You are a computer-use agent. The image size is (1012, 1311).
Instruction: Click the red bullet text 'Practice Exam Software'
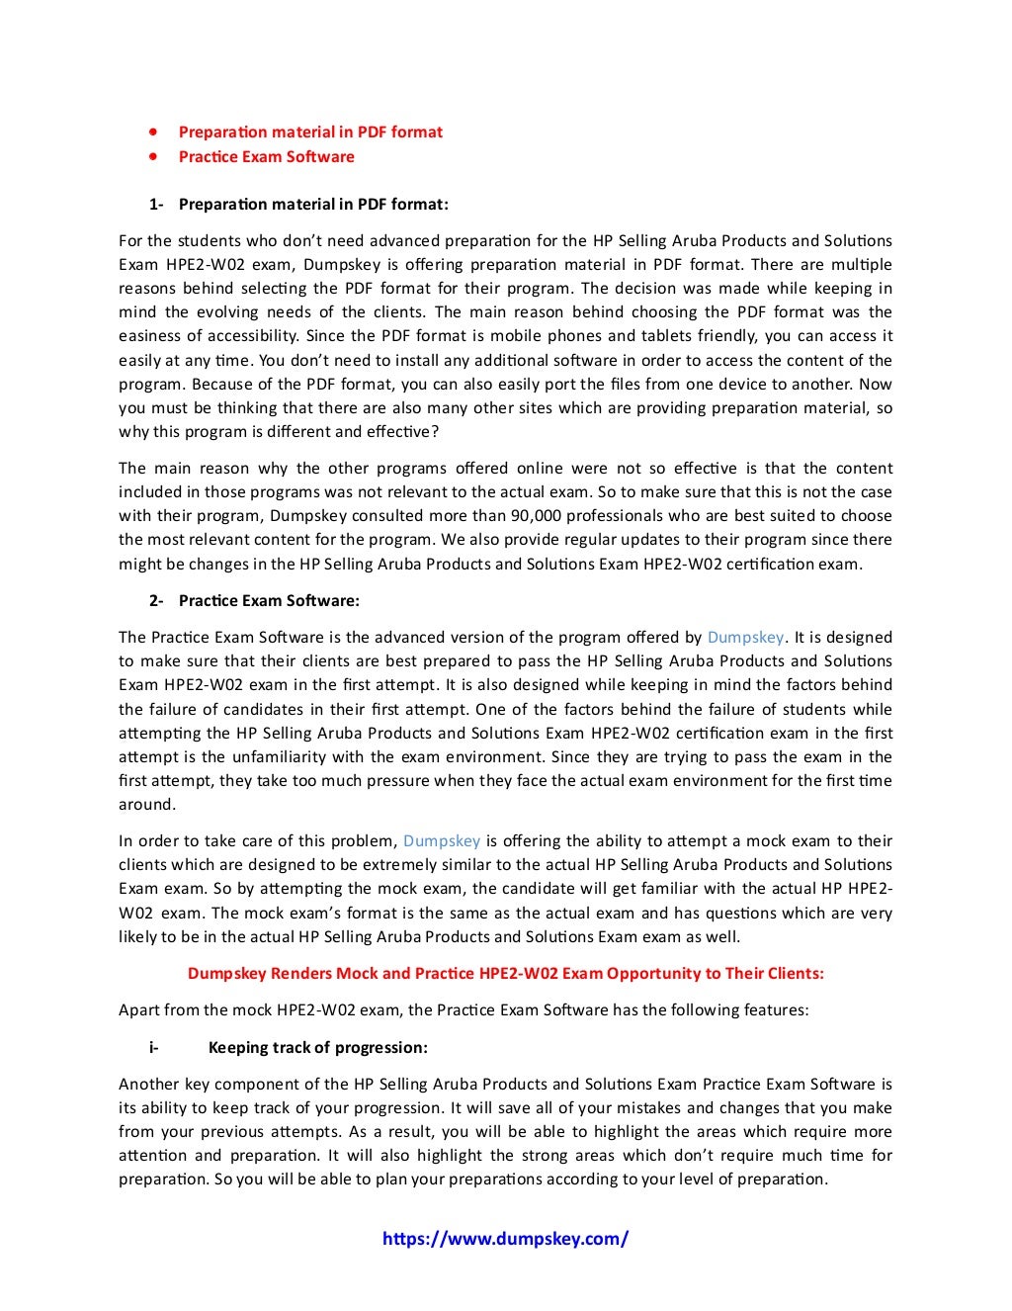pyautogui.click(x=266, y=156)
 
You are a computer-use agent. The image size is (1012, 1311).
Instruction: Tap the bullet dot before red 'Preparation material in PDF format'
pyautogui.click(x=153, y=131)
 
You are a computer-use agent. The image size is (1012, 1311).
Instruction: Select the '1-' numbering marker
pyautogui.click(x=156, y=205)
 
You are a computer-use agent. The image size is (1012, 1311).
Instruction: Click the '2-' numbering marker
pyautogui.click(x=156, y=601)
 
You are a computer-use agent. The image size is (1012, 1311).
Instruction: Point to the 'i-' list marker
pyautogui.click(x=154, y=1048)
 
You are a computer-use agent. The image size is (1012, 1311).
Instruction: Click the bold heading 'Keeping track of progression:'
pyautogui.click(x=317, y=1048)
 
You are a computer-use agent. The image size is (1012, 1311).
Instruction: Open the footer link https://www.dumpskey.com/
pyautogui.click(x=505, y=1239)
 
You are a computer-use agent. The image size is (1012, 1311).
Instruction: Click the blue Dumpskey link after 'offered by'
pyautogui.click(x=745, y=638)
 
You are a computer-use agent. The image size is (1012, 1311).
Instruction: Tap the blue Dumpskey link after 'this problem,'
pyautogui.click(x=442, y=841)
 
